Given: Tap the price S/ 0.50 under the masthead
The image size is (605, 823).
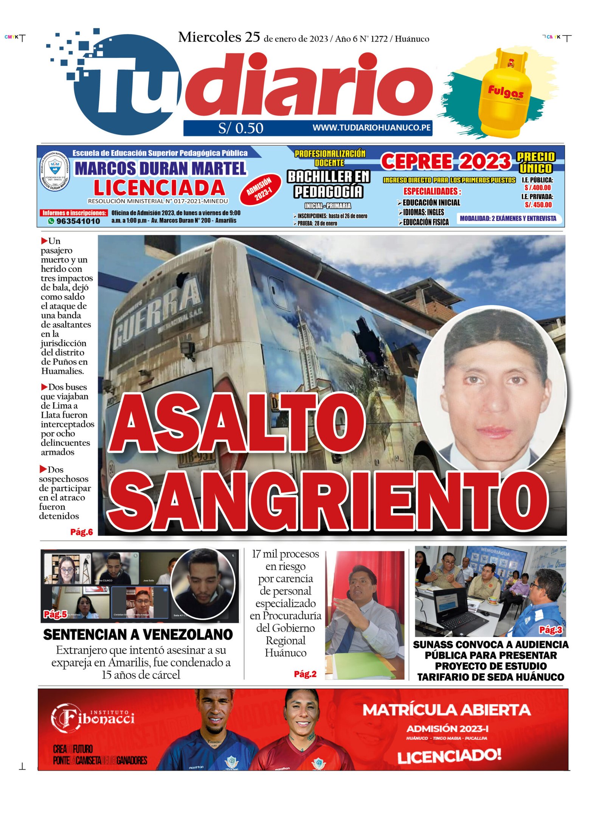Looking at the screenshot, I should (240, 128).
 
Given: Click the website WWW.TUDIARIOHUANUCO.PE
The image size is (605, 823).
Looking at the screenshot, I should (371, 128).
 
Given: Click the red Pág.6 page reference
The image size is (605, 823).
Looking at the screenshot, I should (81, 532).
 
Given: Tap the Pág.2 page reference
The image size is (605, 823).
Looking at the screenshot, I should (305, 674).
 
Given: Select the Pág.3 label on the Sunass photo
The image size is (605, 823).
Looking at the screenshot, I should (550, 630).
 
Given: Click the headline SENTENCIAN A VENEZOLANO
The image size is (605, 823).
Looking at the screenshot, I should (138, 635).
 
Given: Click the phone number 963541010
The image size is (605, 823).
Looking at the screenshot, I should (78, 221).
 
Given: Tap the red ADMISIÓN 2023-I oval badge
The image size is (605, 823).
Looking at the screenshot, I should (261, 189).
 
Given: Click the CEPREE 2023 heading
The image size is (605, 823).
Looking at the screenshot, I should (446, 161).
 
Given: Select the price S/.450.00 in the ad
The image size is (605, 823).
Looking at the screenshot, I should (538, 205).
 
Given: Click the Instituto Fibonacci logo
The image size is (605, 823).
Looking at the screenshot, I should (93, 717).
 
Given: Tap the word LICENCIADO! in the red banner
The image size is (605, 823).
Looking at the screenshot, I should (449, 756).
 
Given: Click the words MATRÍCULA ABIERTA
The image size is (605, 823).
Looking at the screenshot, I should (446, 710).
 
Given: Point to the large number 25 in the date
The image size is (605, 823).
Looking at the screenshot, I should (252, 37).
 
